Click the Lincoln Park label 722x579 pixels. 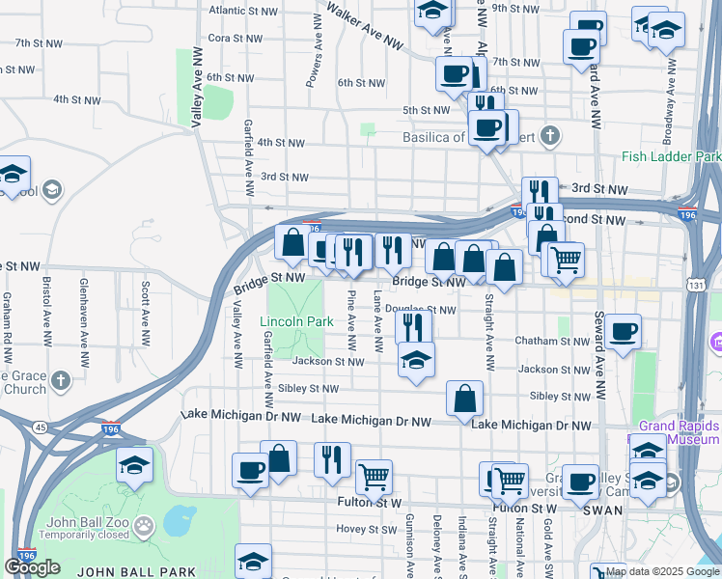(295, 321)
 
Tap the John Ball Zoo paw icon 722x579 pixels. (144, 526)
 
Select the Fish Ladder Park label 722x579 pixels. (672, 156)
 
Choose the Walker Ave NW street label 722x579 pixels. (364, 25)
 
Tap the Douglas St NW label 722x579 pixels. (420, 310)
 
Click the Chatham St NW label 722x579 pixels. (551, 341)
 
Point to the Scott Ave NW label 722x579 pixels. (146, 314)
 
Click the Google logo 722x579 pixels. (32, 566)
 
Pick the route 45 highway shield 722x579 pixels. (39, 427)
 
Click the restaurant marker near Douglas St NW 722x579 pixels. (413, 326)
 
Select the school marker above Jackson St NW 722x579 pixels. (416, 360)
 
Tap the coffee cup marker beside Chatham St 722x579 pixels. (622, 332)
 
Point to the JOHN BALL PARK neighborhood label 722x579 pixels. (136, 571)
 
